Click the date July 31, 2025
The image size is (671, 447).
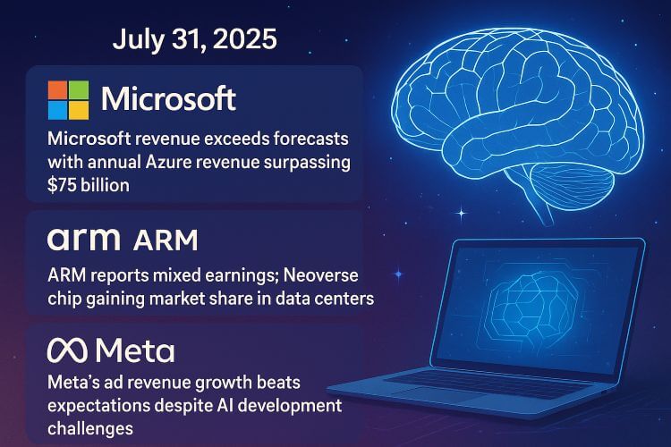(195, 39)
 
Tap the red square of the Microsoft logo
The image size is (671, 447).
(58, 89)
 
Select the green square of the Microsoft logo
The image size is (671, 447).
(79, 89)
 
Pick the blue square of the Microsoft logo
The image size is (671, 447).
(58, 110)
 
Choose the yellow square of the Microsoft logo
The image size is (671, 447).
(79, 110)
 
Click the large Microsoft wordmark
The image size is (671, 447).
(168, 99)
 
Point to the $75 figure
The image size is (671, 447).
(63, 186)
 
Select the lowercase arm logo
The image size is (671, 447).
(84, 240)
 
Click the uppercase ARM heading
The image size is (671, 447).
(166, 240)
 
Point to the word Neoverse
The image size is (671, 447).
(320, 275)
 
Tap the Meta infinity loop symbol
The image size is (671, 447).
(67, 350)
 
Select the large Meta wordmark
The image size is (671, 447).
(135, 351)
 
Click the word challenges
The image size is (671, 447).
(90, 428)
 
